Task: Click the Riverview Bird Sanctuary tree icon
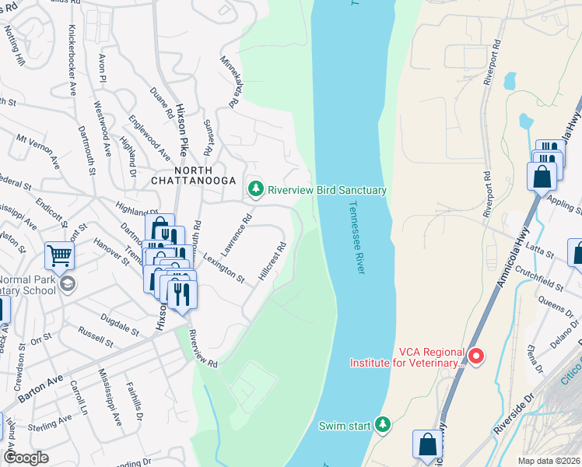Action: (255, 189)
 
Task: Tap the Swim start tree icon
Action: (381, 425)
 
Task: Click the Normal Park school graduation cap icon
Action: (68, 283)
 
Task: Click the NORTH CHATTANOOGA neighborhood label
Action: (194, 175)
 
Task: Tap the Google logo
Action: (27, 457)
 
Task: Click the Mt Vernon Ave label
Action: (37, 149)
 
